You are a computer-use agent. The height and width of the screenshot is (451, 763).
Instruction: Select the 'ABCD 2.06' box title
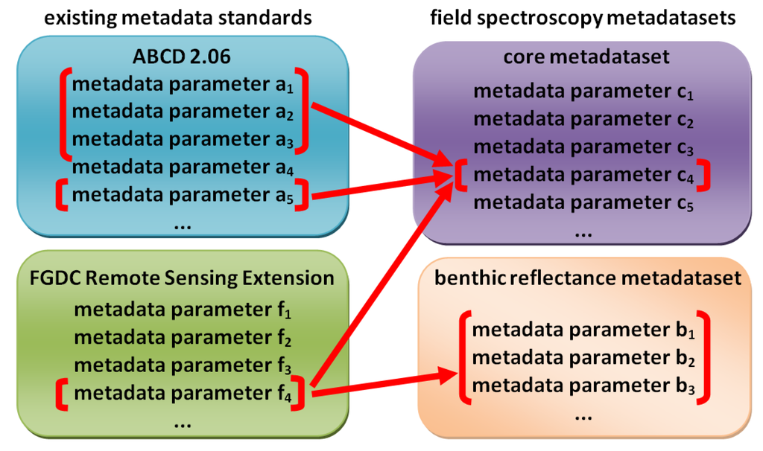tap(184, 57)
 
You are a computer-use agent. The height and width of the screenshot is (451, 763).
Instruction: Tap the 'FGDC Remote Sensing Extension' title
tap(183, 278)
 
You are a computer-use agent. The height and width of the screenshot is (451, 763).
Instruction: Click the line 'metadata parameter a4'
tap(184, 167)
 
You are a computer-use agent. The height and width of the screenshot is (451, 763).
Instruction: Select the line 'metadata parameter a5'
tap(184, 196)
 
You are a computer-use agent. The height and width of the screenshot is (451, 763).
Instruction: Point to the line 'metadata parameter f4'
tap(184, 391)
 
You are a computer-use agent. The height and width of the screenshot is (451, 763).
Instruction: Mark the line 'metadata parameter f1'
tap(184, 309)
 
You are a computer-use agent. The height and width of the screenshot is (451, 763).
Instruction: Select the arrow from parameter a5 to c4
tap(380, 187)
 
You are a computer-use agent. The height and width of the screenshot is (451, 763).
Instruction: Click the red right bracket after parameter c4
tap(703, 176)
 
